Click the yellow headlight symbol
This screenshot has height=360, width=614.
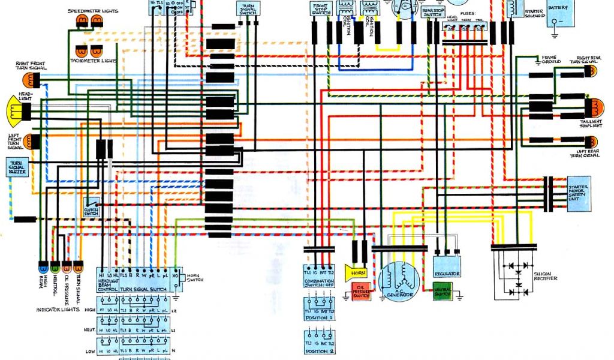click(17, 109)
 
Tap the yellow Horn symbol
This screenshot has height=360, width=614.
click(356, 272)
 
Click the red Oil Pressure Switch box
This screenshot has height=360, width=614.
click(362, 292)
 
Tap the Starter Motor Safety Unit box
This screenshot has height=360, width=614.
click(579, 193)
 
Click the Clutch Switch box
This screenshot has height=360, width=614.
click(91, 207)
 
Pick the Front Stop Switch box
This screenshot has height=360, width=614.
click(321, 9)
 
